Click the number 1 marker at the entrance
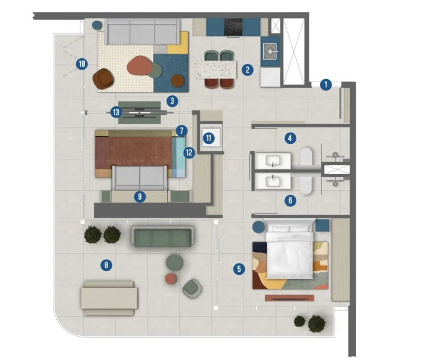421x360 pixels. [326, 85]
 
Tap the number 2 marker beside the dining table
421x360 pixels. [246, 70]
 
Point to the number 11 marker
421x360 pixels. [208, 138]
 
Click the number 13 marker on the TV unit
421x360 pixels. [116, 112]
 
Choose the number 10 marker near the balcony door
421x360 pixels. [82, 62]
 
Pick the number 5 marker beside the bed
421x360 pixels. [239, 269]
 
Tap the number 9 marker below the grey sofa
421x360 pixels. [140, 196]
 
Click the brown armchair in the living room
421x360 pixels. [104, 77]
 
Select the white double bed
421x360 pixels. [289, 249]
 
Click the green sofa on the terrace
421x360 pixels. [161, 236]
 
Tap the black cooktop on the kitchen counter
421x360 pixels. [233, 26]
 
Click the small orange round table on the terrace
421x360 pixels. [172, 278]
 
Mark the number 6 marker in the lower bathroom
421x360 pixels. [290, 201]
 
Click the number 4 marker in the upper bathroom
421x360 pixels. [290, 138]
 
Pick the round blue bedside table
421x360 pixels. [258, 227]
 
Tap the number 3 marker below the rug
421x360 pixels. [172, 101]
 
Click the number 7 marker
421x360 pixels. [182, 130]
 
